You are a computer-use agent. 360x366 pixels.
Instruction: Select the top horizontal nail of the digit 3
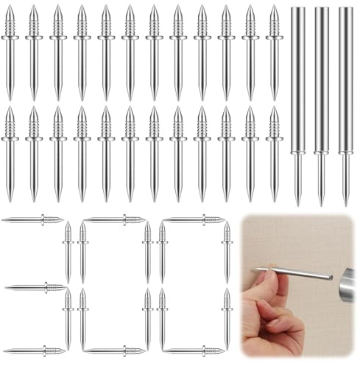coord(33,219)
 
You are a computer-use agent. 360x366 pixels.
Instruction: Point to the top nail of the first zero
coord(114,219)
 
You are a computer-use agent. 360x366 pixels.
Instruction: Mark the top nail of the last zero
coord(193,219)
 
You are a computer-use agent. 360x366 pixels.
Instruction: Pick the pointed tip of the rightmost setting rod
coord(345,199)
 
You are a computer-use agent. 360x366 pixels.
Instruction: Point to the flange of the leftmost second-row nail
coord(10,138)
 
